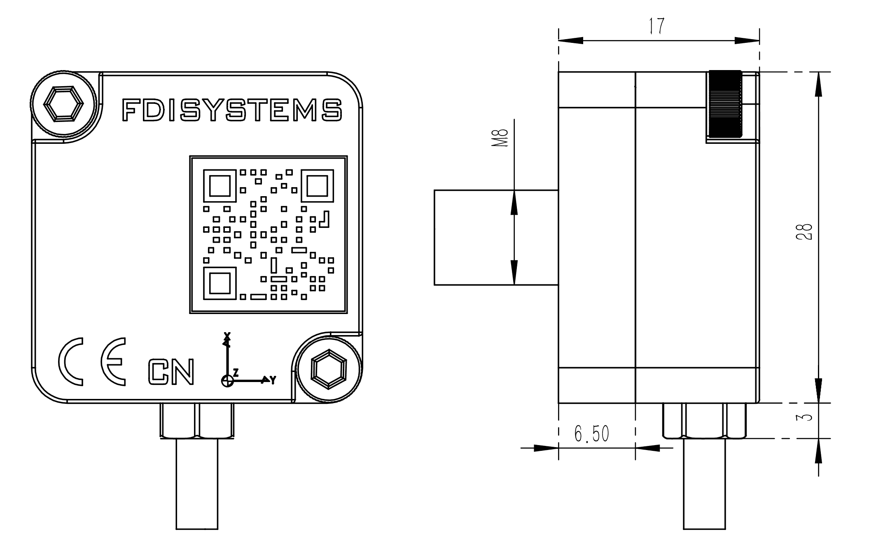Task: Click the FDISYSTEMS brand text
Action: (232, 110)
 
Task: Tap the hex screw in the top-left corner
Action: (63, 104)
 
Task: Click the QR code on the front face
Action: (268, 234)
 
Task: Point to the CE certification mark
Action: (92, 362)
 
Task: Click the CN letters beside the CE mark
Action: (171, 372)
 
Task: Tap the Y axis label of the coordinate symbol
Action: (273, 380)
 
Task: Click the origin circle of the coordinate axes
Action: (227, 380)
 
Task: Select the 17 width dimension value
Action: (656, 26)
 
